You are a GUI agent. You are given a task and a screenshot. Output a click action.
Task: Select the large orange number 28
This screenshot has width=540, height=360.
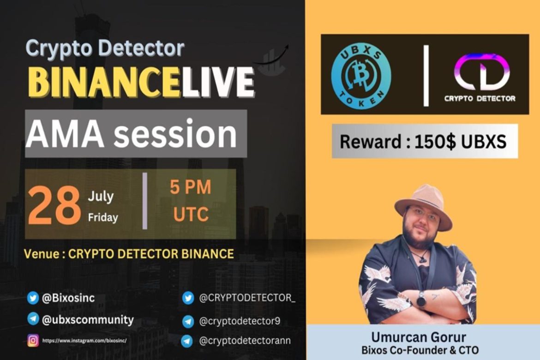coord(54,205)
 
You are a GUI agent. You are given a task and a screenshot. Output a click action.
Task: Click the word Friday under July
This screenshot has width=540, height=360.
coord(103,217)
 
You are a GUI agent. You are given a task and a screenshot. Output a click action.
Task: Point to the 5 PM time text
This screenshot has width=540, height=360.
coord(190,187)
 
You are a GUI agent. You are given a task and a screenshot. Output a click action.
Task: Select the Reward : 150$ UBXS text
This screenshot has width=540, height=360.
coord(423,141)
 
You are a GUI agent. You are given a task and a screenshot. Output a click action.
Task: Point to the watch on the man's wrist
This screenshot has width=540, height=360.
coord(421,300)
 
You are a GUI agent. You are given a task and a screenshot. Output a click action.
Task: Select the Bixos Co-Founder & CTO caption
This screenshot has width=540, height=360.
coord(422,349)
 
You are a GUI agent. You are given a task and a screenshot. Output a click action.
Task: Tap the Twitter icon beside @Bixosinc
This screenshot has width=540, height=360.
coord(33,298)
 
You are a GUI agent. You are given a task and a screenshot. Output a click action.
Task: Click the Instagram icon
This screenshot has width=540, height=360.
coord(33,341)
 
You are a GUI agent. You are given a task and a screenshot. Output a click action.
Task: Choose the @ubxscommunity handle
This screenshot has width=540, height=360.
coord(88,319)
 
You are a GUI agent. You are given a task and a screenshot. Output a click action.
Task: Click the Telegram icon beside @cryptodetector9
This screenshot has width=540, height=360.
coord(187,321)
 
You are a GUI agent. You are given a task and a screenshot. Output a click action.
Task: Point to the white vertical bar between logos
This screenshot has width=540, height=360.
coord(426,75)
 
